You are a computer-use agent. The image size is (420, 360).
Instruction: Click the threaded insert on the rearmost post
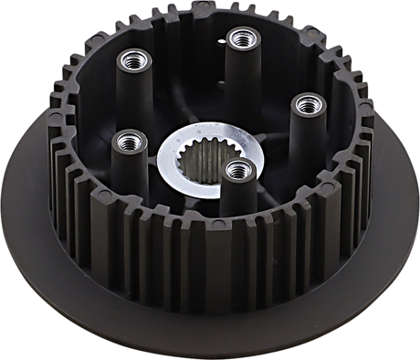click(x=240, y=37)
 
